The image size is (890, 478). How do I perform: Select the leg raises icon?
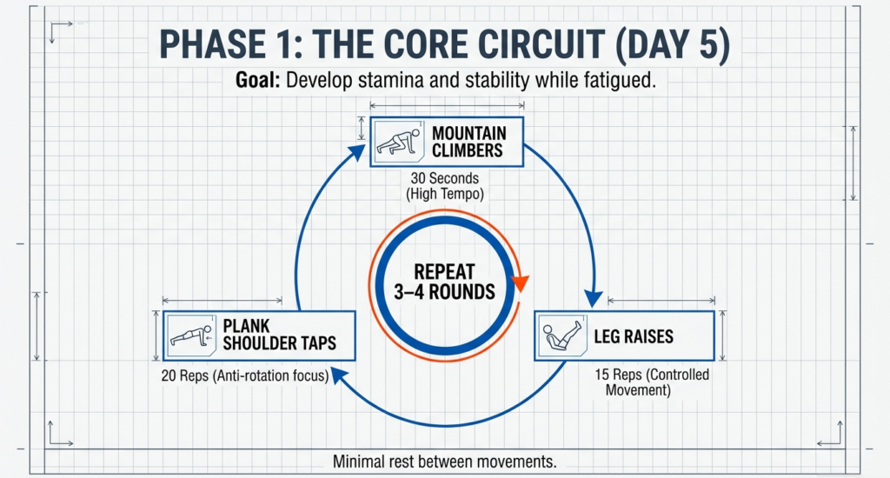pos(562,335)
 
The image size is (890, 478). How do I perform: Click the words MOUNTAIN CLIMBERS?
pos(467,142)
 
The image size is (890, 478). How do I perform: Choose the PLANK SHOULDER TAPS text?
pos(278,335)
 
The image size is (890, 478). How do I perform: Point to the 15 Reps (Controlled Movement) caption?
pos(652,382)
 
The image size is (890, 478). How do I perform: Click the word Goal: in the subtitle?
pos(258,81)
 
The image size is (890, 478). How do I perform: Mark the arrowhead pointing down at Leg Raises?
pos(593,298)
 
